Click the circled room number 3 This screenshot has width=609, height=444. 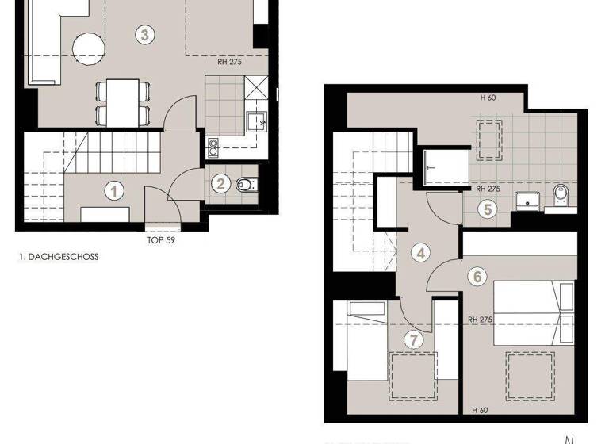tap(144, 34)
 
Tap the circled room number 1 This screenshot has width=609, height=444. tap(115, 190)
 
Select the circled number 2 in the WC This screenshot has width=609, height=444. tap(222, 185)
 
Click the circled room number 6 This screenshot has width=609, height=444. tap(477, 277)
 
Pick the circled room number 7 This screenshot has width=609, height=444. tap(412, 339)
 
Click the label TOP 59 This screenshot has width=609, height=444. tap(161, 239)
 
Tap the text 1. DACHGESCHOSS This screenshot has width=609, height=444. tap(58, 257)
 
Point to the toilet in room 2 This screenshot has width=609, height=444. tap(245, 186)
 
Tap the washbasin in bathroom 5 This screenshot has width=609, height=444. tap(527, 198)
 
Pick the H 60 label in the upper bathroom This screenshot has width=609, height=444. tap(488, 98)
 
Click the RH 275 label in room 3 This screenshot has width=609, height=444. tap(230, 62)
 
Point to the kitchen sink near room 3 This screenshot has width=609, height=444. tap(255, 122)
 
